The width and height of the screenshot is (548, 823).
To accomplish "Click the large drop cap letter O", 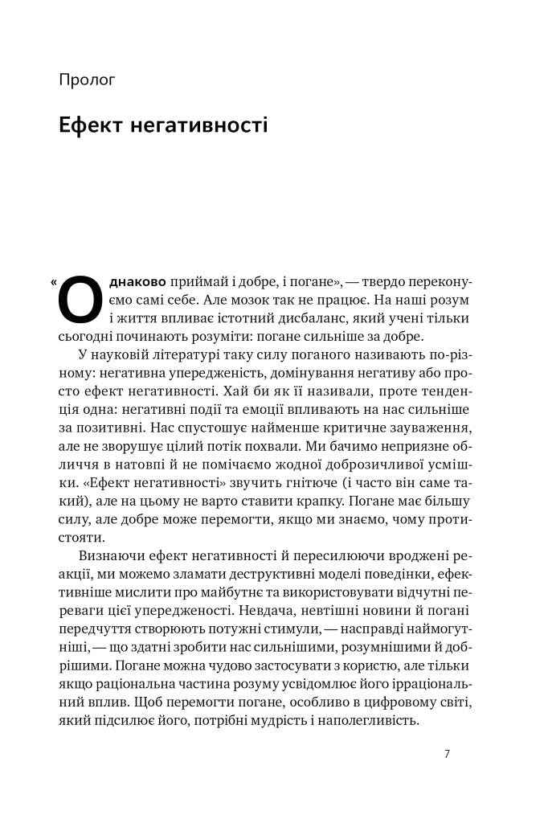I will pos(80,300).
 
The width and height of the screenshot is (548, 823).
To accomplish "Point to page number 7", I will pos(447,754).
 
